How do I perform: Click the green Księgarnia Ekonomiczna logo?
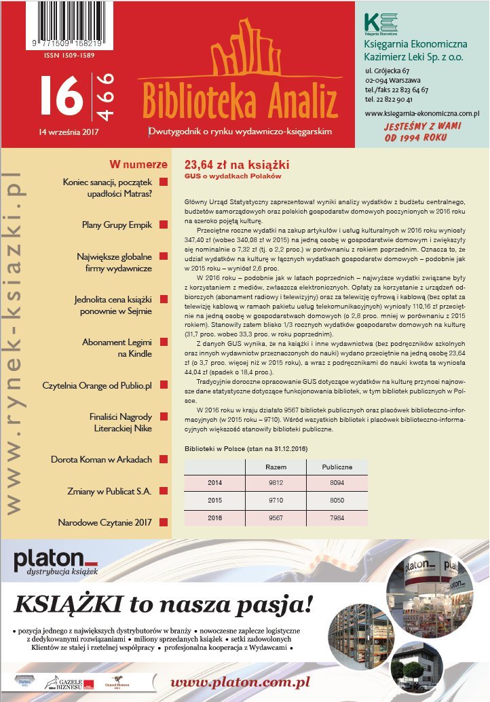(x=379, y=22)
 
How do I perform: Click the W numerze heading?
(x=138, y=165)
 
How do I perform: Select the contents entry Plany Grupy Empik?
(x=117, y=224)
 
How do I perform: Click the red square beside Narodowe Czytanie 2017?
(x=163, y=522)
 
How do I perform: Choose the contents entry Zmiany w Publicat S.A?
(x=119, y=490)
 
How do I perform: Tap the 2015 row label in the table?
(x=214, y=499)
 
